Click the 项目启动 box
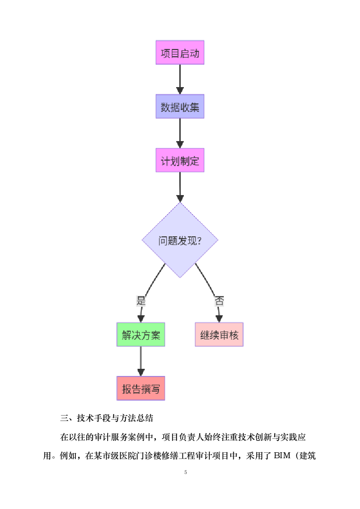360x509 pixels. pos(180,53)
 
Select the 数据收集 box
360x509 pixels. pos(180,107)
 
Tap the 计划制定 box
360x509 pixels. pos(180,161)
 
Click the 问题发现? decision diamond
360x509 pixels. pos(180,240)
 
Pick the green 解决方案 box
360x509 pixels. pos(141,335)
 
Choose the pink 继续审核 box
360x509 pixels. pos(219,335)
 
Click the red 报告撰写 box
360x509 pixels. pos(141,388)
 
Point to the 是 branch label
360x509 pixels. pos(141,300)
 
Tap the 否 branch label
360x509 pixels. pos(219,300)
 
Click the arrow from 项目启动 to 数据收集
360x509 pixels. pos(180,79)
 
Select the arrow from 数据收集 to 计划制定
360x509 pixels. pos(180,133)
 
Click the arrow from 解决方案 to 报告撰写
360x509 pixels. pos(141,362)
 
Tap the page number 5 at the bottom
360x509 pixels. pos(186,473)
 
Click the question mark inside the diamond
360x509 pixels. pos(200,240)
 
